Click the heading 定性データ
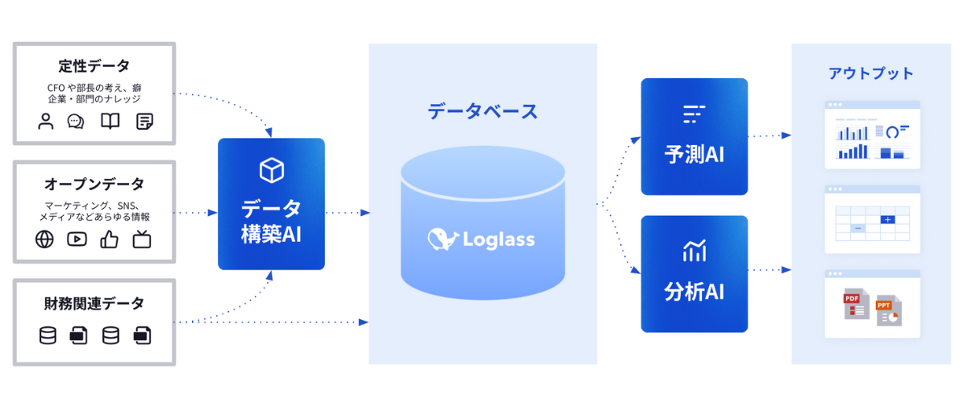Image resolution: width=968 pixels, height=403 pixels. (94, 65)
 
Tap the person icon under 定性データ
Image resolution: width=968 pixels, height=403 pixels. (46, 122)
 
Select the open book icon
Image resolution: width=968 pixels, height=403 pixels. (110, 122)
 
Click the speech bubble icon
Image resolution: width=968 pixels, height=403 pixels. (77, 122)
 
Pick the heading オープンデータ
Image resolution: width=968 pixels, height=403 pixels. (94, 184)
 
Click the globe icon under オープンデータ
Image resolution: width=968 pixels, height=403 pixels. (44, 239)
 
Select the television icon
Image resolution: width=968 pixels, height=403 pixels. (143, 239)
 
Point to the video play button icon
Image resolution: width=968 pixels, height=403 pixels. (77, 239)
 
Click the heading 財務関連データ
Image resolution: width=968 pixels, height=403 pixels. (94, 303)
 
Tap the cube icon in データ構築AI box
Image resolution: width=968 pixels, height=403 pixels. (271, 169)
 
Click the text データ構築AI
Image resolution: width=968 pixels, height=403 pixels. (271, 221)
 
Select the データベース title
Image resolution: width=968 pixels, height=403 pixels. (482, 111)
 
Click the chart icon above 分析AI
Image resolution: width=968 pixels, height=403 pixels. (694, 251)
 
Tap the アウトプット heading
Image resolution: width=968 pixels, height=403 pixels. (871, 73)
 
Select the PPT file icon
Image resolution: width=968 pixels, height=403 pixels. (888, 310)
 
